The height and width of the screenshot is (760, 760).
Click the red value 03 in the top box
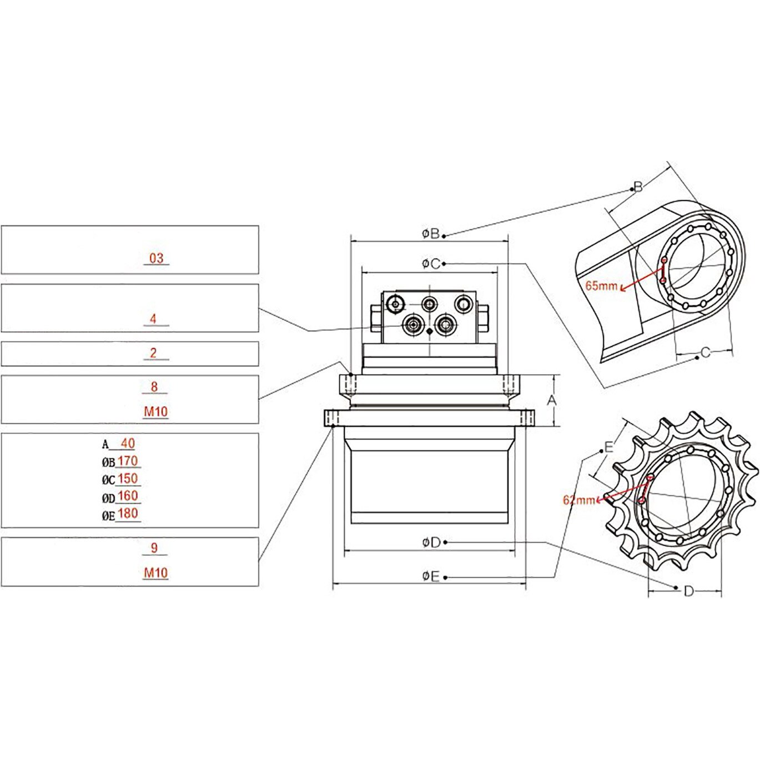(x=157, y=258)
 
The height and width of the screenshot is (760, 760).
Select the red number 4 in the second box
(x=153, y=319)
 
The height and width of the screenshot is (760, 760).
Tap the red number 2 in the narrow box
(x=154, y=353)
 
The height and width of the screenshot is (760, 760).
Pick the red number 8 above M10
(x=154, y=386)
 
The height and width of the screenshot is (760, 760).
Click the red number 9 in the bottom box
(x=154, y=548)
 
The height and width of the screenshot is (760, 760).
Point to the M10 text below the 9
(x=156, y=572)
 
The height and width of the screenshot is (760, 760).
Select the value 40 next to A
(x=128, y=444)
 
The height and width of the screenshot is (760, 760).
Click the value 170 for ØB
(x=128, y=461)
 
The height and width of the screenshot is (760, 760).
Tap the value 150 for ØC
(x=128, y=479)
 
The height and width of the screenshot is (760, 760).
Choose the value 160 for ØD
(x=128, y=496)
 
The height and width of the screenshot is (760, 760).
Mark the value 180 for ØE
(x=128, y=514)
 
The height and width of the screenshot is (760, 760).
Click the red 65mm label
(x=601, y=286)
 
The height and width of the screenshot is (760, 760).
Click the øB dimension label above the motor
(x=430, y=234)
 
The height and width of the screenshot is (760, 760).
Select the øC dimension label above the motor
(x=430, y=263)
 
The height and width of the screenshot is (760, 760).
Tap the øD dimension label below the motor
(x=431, y=542)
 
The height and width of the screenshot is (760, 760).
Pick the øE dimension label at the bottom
(x=430, y=577)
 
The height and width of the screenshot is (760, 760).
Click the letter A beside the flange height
(x=551, y=400)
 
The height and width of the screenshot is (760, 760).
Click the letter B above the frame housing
(x=638, y=187)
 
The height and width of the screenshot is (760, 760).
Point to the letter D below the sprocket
(x=688, y=591)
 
